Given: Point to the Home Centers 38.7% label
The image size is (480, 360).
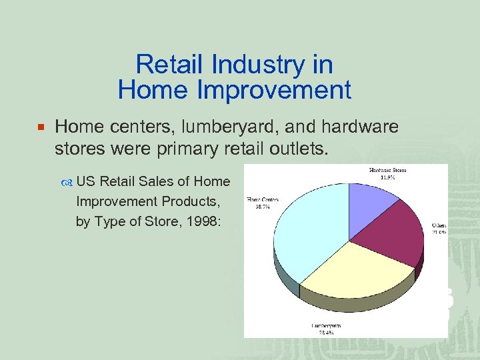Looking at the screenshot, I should click(263, 203).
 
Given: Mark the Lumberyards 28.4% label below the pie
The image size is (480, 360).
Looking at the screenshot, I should click(326, 329).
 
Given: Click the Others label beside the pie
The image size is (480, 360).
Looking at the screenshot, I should click(439, 229).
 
